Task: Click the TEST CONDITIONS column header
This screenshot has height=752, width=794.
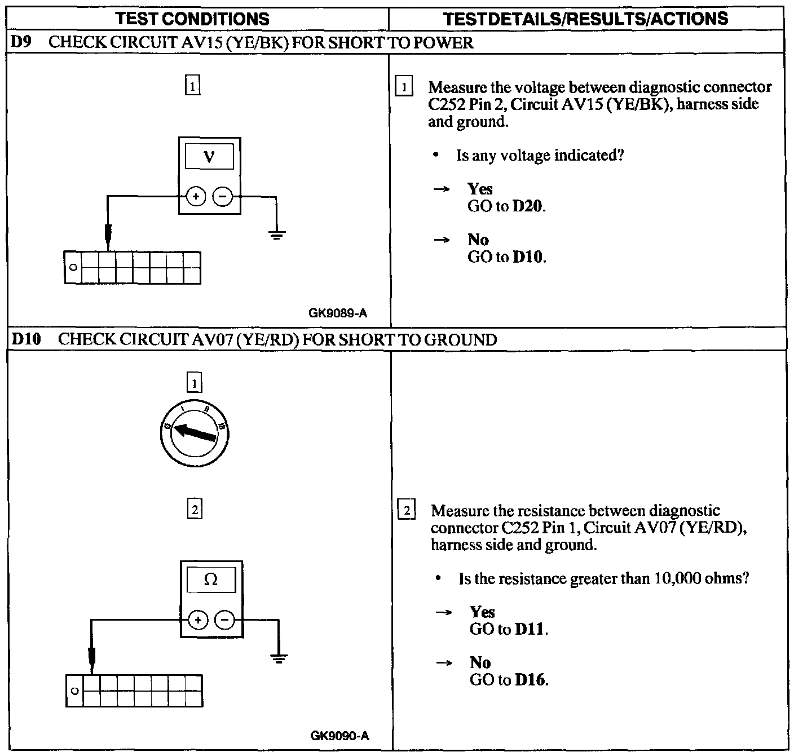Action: (192, 19)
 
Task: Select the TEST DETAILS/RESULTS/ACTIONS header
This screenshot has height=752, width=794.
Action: (586, 19)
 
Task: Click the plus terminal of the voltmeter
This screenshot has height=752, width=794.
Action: (196, 197)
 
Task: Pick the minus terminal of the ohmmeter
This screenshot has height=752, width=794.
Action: (225, 621)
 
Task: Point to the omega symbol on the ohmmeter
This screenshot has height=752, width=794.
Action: (211, 580)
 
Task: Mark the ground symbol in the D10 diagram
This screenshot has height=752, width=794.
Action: (279, 658)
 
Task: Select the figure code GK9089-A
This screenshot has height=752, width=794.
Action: (337, 313)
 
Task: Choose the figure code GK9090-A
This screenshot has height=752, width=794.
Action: (339, 736)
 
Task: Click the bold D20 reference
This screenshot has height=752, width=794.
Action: (528, 206)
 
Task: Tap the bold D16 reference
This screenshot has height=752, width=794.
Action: (531, 680)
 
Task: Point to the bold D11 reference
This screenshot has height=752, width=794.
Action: (531, 629)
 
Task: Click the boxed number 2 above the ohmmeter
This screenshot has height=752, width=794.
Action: (194, 510)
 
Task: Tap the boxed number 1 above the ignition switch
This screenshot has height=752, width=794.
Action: (194, 384)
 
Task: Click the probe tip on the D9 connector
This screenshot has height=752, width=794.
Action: (108, 237)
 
